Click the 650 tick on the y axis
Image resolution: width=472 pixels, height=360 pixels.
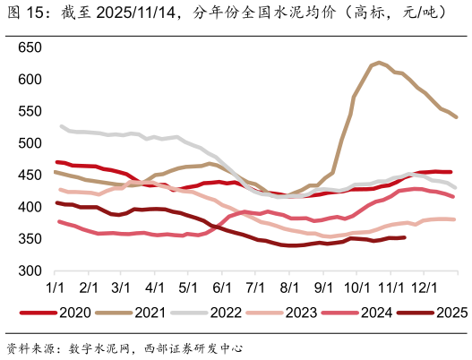pyautogui.click(x=30, y=47)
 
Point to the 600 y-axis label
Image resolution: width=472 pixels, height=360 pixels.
pyautogui.click(x=30, y=80)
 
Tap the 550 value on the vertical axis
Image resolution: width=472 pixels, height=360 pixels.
pyautogui.click(x=30, y=111)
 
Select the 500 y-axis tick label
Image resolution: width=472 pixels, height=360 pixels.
pyautogui.click(x=30, y=143)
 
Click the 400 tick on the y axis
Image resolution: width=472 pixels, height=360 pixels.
pyautogui.click(x=30, y=207)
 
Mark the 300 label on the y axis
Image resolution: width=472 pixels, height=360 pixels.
pyautogui.click(x=30, y=270)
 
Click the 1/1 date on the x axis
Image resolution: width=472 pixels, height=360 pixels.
pyautogui.click(x=55, y=287)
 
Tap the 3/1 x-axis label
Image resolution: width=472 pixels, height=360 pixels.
pyautogui.click(x=121, y=287)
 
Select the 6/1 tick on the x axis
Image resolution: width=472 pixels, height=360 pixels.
pyautogui.click(x=221, y=287)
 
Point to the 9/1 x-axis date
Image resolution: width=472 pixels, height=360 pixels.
pyautogui.click(x=322, y=287)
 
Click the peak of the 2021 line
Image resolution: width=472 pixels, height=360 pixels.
pyautogui.click(x=379, y=63)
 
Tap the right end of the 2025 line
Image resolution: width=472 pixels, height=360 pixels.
pyautogui.click(x=405, y=237)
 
